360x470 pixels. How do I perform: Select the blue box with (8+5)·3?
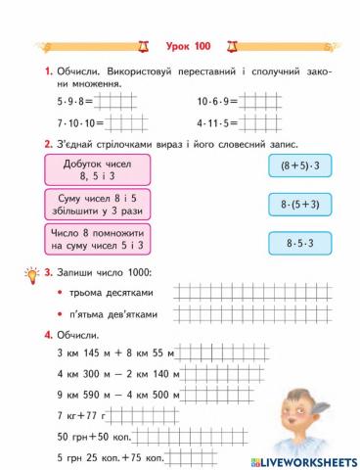[302, 166]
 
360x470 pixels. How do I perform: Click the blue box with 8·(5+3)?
[302, 205]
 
